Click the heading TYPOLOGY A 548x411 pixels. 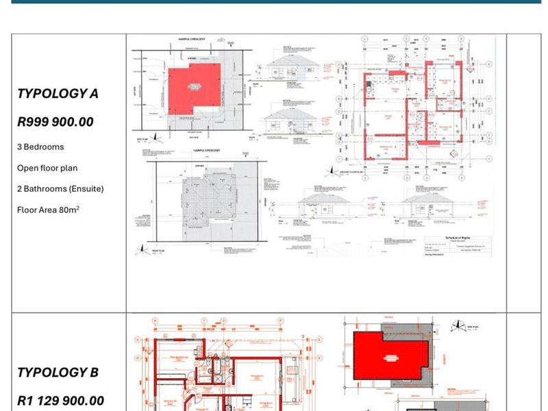tap(58, 94)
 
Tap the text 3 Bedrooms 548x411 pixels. tap(40, 147)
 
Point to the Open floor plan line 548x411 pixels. tap(47, 168)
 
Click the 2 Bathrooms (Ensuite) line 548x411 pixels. tap(60, 188)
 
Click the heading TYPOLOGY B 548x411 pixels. tap(58, 373)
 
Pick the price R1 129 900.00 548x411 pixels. tap(60, 401)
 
